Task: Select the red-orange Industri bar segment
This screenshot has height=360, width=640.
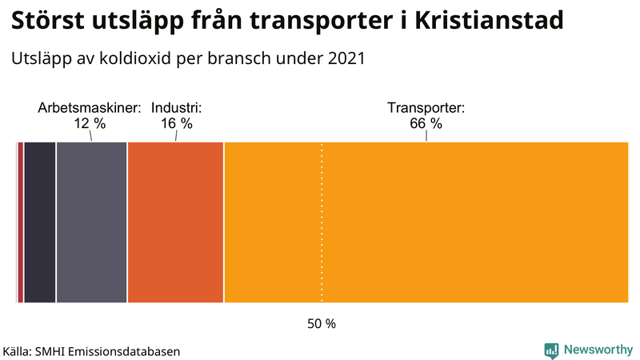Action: [175, 222]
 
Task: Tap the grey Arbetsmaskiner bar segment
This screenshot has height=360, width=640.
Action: [91, 222]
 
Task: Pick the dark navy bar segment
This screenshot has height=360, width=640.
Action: [39, 222]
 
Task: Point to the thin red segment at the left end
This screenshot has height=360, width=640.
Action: [19, 222]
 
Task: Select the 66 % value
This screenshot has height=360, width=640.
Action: [426, 124]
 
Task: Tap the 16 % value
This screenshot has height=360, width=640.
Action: [176, 124]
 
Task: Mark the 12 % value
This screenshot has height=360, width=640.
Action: [90, 124]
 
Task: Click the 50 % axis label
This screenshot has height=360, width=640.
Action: [322, 324]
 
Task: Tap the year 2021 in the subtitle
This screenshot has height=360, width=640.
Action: [344, 58]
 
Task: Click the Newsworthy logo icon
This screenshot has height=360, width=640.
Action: [551, 350]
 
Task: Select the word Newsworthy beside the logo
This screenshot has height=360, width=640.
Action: [598, 350]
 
